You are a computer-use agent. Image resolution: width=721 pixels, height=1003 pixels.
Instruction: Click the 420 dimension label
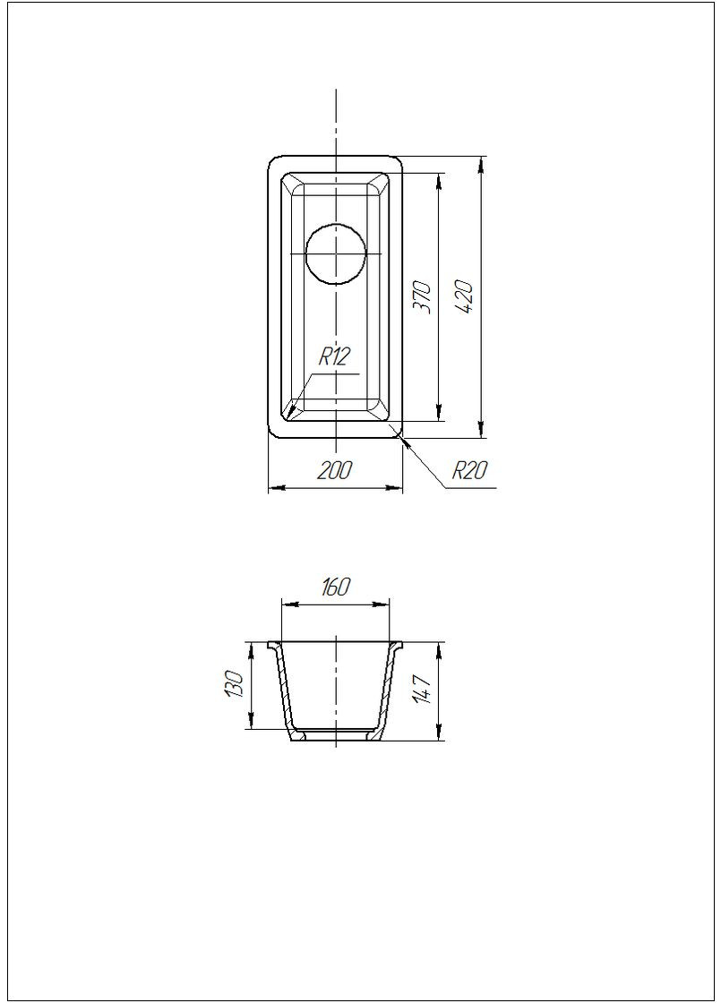click(x=468, y=296)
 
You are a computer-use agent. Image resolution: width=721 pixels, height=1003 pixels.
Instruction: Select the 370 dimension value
click(x=424, y=296)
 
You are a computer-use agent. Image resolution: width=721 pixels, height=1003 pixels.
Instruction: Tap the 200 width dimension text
click(x=335, y=470)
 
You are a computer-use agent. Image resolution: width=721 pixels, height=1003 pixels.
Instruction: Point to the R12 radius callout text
click(x=334, y=357)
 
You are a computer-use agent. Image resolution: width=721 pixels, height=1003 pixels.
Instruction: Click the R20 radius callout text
click(x=468, y=471)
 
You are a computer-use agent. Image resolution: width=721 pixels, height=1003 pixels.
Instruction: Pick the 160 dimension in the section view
click(x=335, y=587)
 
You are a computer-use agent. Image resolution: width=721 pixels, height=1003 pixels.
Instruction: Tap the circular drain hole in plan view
click(x=336, y=253)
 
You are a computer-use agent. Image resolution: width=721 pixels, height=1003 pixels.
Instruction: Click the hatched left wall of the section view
click(x=284, y=690)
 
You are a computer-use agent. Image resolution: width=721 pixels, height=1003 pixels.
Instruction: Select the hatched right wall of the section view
click(x=387, y=690)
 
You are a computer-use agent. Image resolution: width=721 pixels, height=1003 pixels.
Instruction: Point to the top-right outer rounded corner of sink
click(x=397, y=161)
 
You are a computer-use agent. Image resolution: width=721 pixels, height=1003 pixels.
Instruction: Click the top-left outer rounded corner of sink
click(x=274, y=161)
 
